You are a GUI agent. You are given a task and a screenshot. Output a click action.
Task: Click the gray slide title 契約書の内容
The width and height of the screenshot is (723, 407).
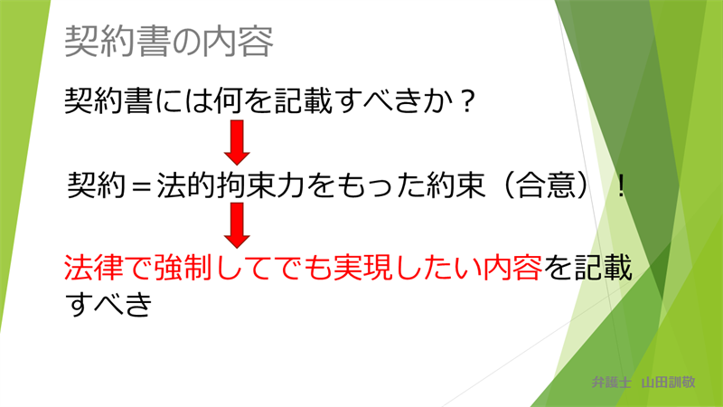[169, 42]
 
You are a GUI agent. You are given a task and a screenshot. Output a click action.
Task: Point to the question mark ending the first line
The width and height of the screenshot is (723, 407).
[467, 101]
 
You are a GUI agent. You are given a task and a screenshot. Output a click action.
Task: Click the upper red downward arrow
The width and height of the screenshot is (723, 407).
[237, 142]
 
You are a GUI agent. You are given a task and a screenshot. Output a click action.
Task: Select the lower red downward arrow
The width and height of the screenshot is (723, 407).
[237, 225]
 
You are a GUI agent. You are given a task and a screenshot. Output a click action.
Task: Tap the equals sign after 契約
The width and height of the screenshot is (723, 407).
[141, 186]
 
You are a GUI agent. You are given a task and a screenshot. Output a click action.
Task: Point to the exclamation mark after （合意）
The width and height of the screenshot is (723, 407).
[621, 186]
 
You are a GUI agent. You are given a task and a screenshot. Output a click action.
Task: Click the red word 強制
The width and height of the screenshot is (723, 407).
[184, 268]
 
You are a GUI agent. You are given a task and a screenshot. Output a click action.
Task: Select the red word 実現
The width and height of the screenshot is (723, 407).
[363, 268]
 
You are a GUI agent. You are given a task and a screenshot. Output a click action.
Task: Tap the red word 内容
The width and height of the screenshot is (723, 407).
[512, 268]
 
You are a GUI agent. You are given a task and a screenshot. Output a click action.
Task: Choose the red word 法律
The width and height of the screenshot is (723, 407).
[94, 268]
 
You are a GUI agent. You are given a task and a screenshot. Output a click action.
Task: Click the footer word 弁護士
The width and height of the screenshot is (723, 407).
[612, 382]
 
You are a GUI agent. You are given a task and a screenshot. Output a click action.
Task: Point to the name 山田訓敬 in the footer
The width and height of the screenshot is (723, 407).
[668, 382]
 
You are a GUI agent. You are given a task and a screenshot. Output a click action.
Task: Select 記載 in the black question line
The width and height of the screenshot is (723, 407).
[304, 101]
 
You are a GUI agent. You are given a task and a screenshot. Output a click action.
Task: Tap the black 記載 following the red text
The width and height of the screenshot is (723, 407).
[603, 268]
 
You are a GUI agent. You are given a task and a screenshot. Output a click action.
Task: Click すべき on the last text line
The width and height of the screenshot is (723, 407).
[108, 305]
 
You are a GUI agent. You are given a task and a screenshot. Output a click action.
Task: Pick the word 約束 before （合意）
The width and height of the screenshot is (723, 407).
[456, 185]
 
